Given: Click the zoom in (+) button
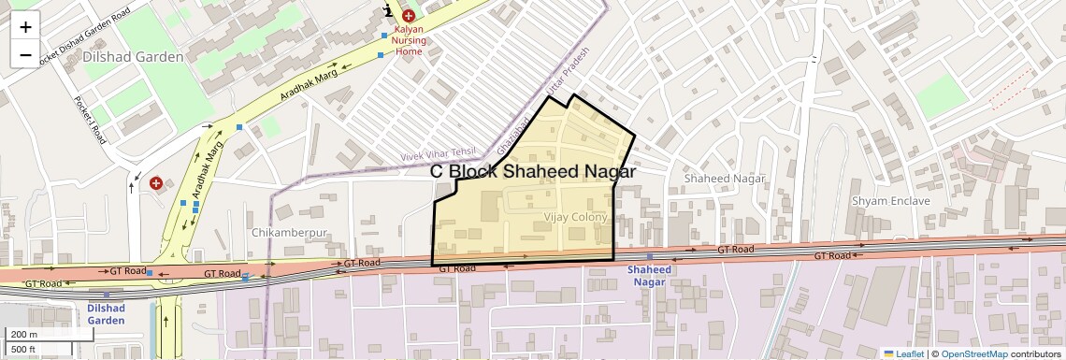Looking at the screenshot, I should pos(25,27).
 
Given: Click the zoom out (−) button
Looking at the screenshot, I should pos(25,54).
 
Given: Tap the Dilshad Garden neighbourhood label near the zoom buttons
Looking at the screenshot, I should pos(133,57).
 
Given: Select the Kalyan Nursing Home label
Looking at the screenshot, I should pos(408,41).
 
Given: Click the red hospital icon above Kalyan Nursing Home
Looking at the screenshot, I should pos(408,16).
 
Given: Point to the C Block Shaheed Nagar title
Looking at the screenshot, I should pos(532,172).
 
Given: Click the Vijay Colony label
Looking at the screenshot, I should pos(575,217).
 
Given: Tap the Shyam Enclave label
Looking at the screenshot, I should pos(890,201).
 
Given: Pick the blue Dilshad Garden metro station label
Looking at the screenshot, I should pos(106,313).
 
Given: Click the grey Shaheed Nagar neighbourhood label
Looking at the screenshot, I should pos(724,179).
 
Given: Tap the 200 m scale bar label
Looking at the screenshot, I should pos(24,335).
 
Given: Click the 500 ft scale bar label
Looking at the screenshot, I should pos(23,350).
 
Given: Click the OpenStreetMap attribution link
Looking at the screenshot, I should pos(973,353).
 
